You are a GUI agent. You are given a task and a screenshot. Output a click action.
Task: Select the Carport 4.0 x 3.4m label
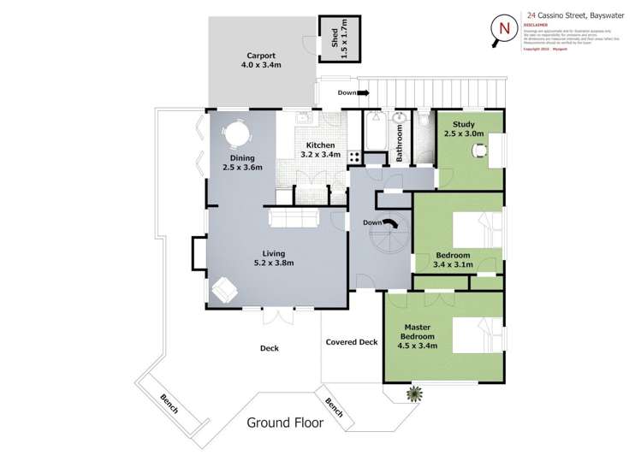260,60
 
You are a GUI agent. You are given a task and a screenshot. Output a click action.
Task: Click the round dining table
235,134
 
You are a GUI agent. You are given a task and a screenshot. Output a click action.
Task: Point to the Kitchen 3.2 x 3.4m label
320,151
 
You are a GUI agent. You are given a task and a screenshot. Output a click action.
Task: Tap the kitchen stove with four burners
355,157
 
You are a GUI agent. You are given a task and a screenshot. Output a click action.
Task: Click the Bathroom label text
399,144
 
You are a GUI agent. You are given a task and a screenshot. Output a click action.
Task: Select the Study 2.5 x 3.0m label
463,129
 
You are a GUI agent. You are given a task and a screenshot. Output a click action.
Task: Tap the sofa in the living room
294,218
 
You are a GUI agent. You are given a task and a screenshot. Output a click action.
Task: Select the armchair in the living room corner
226,290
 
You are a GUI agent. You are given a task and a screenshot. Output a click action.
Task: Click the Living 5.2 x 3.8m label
273,258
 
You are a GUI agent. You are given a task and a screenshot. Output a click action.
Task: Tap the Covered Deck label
351,342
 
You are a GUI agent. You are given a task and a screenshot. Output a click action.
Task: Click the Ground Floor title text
285,422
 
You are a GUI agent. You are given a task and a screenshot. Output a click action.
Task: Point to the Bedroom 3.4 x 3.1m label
453,260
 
